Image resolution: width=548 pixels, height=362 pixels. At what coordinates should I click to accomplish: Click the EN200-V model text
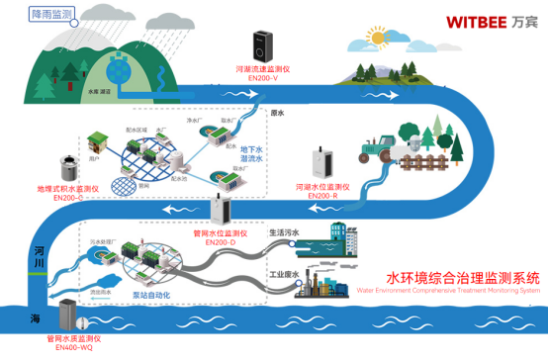[260, 79]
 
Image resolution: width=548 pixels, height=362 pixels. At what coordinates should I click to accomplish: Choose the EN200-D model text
[220, 241]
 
